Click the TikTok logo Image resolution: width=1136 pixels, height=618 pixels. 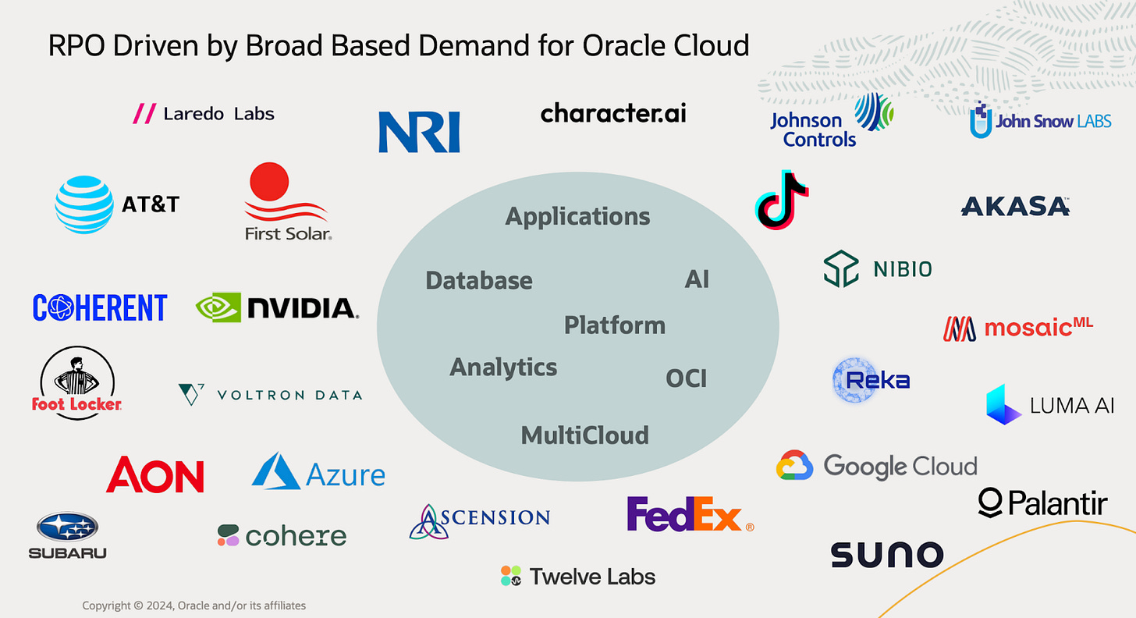pos(782,200)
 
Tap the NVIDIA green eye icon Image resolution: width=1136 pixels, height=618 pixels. pos(218,307)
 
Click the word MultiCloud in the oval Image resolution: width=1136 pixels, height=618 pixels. pos(584,435)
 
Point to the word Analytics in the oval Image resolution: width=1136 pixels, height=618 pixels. pos(503,367)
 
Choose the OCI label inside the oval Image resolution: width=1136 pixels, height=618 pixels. pos(686,378)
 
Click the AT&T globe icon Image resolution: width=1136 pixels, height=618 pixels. pos(84,204)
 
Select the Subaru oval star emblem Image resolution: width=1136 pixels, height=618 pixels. pos(67,527)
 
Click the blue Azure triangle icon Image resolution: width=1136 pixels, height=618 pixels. pos(276,471)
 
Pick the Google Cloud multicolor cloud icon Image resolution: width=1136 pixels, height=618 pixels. pos(795,466)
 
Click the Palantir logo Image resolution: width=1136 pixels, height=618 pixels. pos(1042,503)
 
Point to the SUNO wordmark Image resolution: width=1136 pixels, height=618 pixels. pos(886,555)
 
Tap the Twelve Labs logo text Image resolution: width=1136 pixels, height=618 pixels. pos(591,577)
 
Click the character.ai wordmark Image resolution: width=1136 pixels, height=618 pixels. pos(613,113)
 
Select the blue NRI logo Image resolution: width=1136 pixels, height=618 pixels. pos(419,131)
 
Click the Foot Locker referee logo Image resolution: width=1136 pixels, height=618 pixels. pos(77,382)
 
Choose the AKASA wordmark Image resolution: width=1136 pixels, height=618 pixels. pos(1014,206)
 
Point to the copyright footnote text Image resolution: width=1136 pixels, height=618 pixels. pos(194,606)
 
